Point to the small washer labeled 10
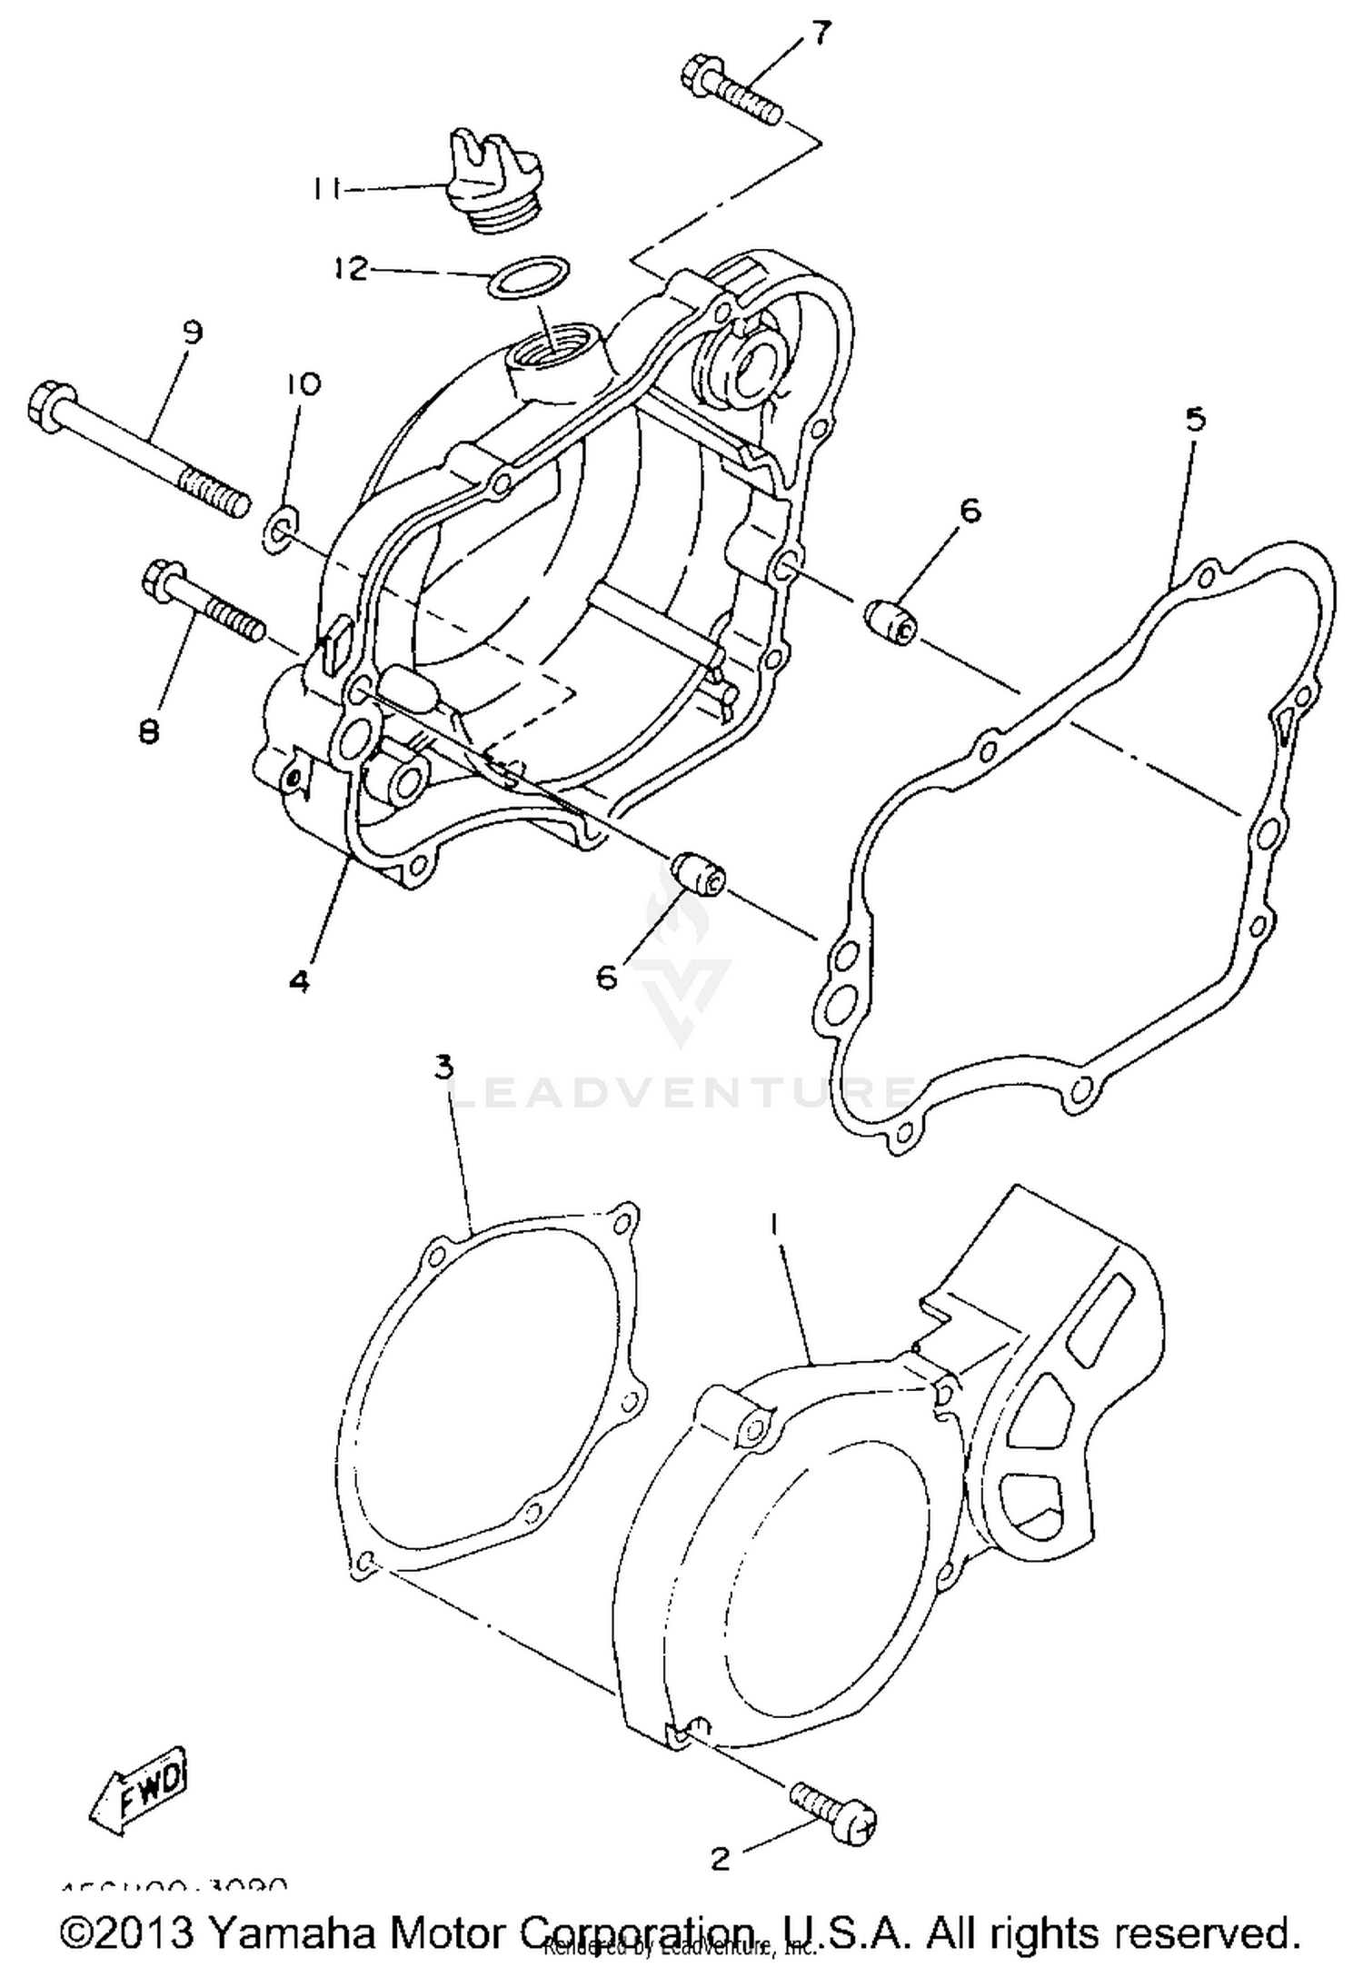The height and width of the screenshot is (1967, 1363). tap(281, 529)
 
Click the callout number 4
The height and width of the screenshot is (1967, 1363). tap(300, 980)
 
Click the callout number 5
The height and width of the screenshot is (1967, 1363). tap(1196, 419)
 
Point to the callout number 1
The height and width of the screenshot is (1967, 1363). tap(774, 1226)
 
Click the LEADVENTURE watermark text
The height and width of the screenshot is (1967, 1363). tap(681, 1090)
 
